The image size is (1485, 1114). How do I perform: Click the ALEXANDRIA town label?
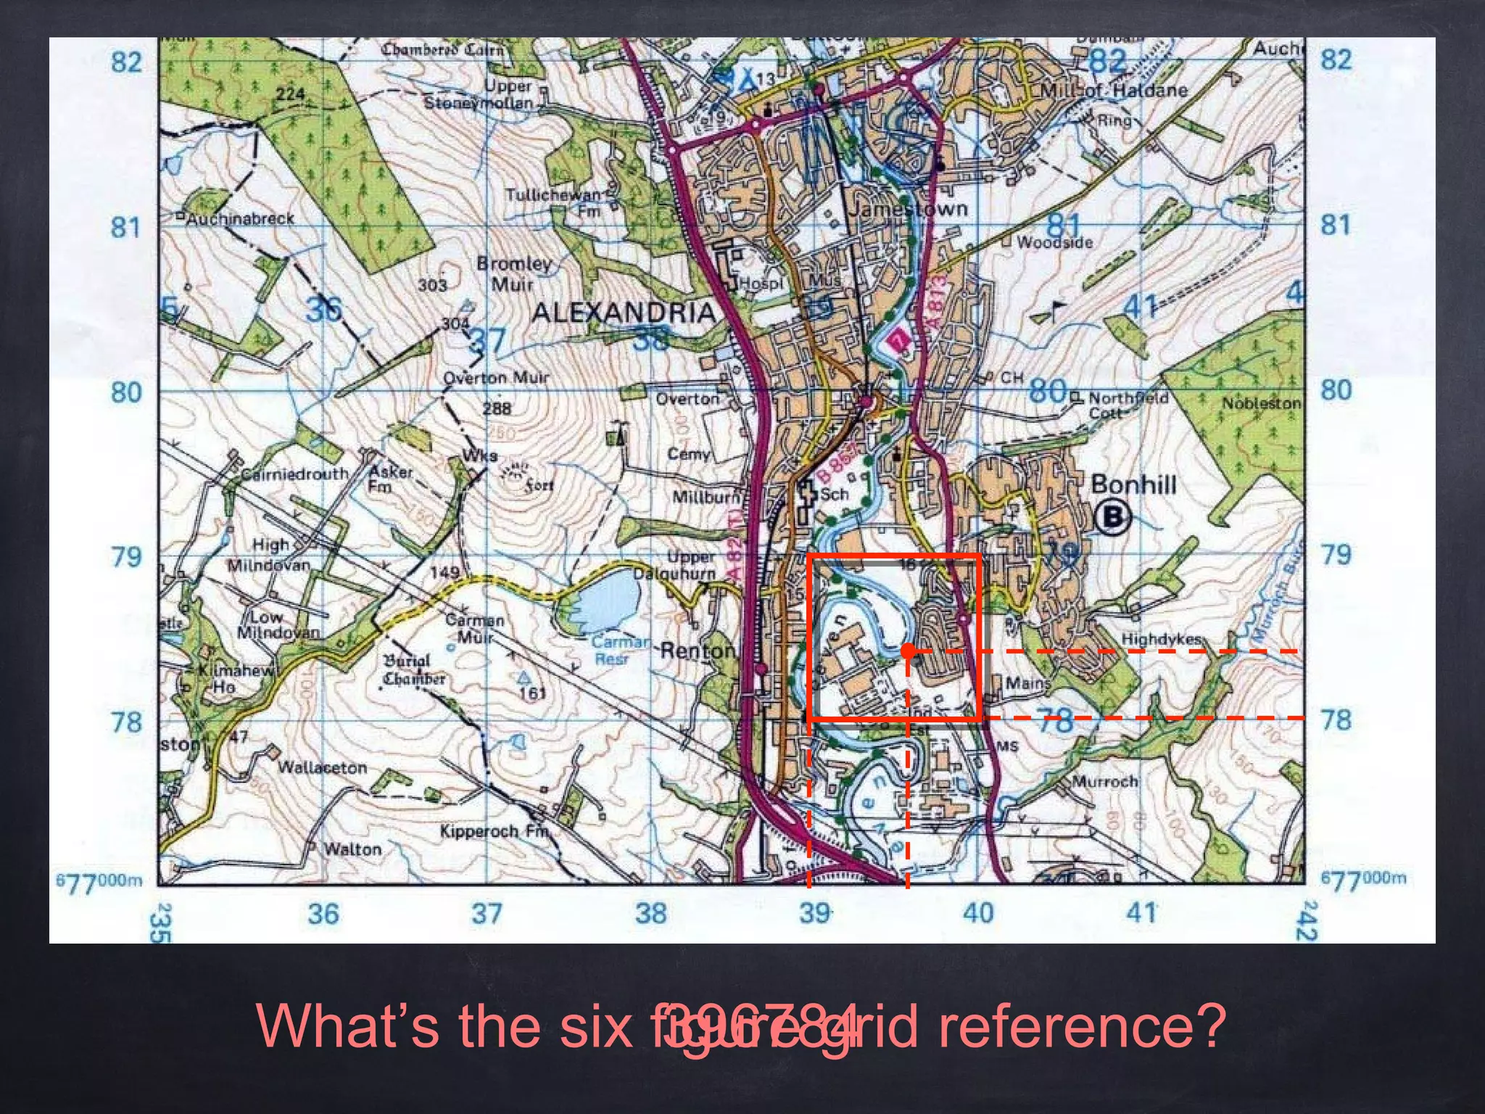624,313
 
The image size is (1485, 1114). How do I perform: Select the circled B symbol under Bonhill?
1112,517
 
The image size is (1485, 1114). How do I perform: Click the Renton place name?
697,651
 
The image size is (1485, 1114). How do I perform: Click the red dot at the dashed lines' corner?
908,651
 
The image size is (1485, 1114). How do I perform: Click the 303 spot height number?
432,285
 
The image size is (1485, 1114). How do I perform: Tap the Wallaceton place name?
323,767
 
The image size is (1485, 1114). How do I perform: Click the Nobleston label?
1261,403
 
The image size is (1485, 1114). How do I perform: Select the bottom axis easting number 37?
487,913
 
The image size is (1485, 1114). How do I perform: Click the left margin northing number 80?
125,392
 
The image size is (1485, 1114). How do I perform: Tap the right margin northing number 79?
1336,555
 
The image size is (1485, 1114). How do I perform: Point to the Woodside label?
1054,242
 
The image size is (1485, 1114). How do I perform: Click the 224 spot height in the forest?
290,94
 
